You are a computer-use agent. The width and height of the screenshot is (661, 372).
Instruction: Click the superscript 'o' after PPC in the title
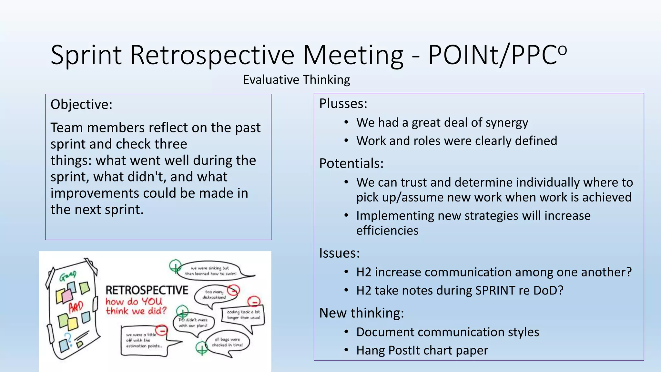tap(562, 49)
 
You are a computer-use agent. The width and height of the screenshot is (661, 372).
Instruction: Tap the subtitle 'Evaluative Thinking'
tap(296, 80)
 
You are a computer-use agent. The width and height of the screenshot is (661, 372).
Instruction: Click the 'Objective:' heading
tap(81, 105)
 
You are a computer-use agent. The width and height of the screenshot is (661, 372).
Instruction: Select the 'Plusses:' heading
tap(343, 104)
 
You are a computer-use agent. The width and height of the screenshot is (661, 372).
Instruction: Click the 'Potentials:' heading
tap(351, 163)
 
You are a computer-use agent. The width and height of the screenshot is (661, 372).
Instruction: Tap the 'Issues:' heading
tap(339, 253)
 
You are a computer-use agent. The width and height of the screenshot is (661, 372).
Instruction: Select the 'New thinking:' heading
tap(361, 313)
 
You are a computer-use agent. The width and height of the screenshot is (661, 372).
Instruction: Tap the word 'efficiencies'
tap(387, 231)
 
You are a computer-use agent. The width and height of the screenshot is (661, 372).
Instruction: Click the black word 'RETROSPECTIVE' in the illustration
tap(147, 290)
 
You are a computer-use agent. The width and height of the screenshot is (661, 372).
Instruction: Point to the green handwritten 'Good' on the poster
tap(68, 276)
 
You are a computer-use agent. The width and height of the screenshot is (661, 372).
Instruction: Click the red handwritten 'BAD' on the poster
tap(76, 307)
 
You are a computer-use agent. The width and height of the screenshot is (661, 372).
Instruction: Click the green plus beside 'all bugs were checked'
tap(202, 348)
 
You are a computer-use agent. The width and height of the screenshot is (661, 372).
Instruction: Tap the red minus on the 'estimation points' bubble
tap(161, 330)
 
